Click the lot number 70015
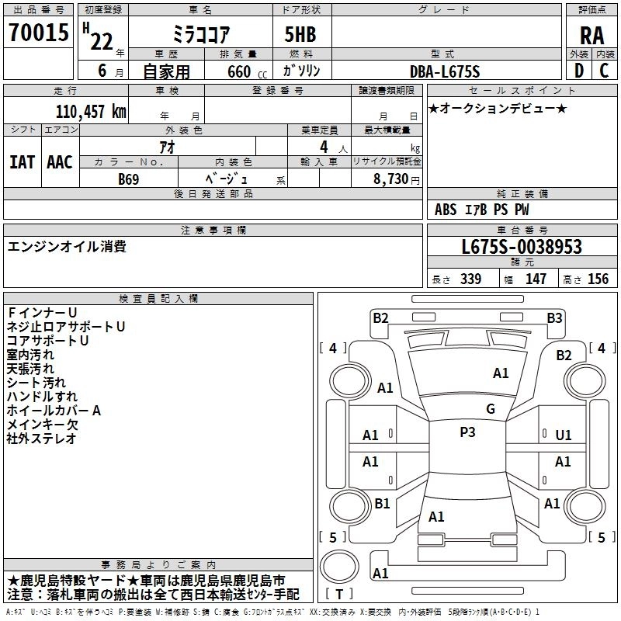[39, 33]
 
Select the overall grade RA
[592, 36]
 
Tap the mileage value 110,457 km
[91, 111]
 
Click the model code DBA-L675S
[445, 71]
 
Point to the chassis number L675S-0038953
[522, 247]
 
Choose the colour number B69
[129, 179]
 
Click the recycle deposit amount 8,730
[391, 179]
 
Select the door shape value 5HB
[300, 34]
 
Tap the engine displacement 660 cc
[248, 71]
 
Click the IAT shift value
[23, 162]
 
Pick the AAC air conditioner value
[60, 162]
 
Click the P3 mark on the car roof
[467, 432]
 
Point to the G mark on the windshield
[491, 409]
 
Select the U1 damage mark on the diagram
[564, 435]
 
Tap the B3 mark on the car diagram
[554, 318]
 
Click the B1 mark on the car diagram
[382, 503]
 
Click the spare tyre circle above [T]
[339, 566]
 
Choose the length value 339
[470, 279]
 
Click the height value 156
[598, 279]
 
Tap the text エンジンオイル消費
[67, 246]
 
